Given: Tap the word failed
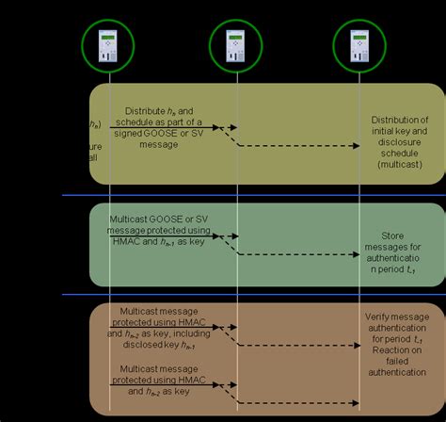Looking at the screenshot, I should pyautogui.click(x=397, y=362).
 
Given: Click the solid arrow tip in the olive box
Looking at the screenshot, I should pyautogui.click(x=219, y=125).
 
